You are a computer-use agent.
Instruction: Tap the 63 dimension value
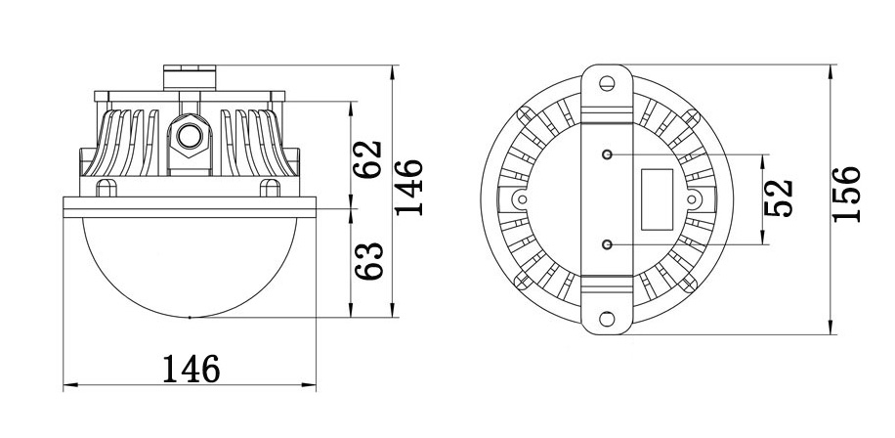pyautogui.click(x=366, y=261)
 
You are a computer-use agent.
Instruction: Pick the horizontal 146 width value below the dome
pyautogui.click(x=192, y=369)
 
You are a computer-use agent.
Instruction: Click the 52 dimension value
pyautogui.click(x=779, y=198)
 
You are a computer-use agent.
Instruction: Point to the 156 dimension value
pyautogui.click(x=847, y=194)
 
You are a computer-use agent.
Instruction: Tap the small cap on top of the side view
pyautogui.click(x=191, y=74)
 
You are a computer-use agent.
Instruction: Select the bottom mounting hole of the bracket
pyautogui.click(x=607, y=318)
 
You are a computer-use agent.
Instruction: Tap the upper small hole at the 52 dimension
pyautogui.click(x=607, y=154)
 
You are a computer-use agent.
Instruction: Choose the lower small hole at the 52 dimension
pyautogui.click(x=607, y=242)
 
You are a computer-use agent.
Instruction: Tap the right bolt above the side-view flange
pyautogui.click(x=266, y=186)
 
